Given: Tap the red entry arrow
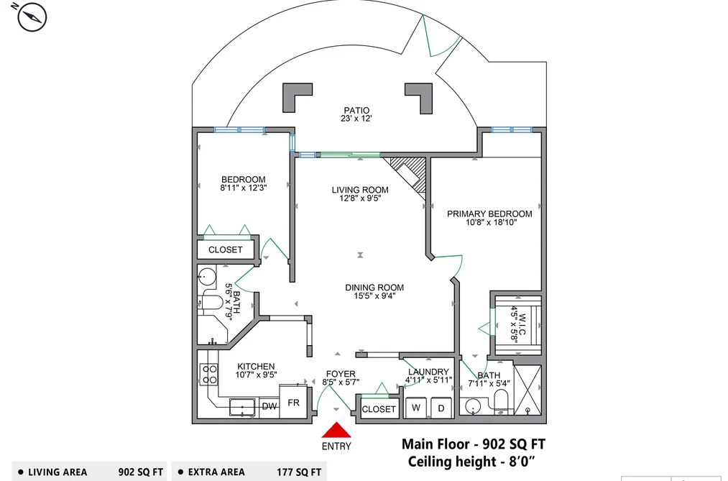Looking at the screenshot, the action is click(336, 431).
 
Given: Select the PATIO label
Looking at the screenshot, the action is click(356, 111).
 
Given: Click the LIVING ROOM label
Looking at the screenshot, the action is click(360, 190).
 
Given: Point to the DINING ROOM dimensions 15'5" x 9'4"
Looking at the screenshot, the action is click(374, 296).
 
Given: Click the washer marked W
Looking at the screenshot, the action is click(416, 408).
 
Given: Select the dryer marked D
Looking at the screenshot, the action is click(441, 408).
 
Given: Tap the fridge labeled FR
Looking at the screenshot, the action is click(293, 402).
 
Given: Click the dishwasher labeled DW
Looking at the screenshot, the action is click(269, 407).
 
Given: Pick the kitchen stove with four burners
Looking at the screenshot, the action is click(209, 374).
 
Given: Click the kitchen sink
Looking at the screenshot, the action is click(242, 407).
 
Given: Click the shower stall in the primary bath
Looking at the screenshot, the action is click(528, 390).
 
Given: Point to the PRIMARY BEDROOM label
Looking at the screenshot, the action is click(489, 214).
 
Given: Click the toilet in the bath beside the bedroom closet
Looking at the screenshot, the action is click(213, 302).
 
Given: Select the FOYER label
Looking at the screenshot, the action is click(341, 374).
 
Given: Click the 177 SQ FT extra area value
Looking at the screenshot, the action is click(299, 472).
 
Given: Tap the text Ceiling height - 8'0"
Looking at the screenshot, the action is click(471, 462).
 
